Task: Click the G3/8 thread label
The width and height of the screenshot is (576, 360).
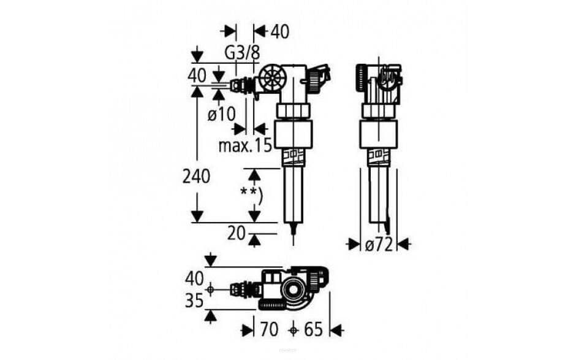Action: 242,53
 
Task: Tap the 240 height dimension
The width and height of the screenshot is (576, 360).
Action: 196,177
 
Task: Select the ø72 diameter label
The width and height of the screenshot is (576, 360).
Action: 379,245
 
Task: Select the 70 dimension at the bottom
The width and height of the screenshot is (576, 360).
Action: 268,329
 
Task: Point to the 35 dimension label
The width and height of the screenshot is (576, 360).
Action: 194,301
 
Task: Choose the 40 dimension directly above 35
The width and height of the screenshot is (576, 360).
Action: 194,278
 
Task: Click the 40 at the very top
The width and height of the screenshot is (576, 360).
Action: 279,32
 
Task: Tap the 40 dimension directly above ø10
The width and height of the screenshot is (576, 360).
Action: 197,76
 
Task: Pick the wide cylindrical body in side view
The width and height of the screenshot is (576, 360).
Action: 377,134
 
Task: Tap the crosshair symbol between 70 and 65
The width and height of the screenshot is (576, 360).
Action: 295,330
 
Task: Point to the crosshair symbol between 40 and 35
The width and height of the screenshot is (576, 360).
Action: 210,289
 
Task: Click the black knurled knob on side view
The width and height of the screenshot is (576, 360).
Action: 361,77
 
